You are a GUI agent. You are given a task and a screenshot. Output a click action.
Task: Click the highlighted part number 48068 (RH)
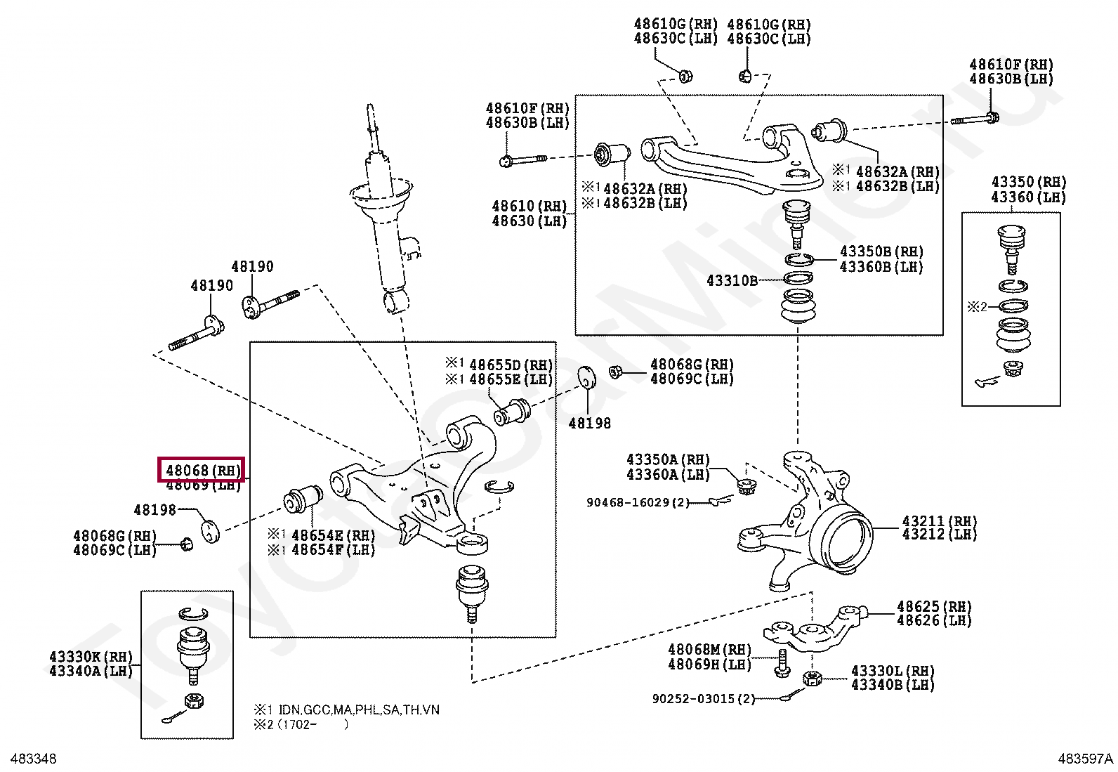tap(202, 470)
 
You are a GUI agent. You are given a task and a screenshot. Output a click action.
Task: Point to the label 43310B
tap(732, 280)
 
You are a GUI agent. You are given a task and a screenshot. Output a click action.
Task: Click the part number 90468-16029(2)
tap(638, 502)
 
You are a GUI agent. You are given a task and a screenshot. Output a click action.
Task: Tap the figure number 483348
tap(30, 759)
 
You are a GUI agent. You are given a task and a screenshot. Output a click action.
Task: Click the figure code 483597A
tap(1085, 759)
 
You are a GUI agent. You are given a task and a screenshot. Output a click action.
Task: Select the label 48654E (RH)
tap(333, 536)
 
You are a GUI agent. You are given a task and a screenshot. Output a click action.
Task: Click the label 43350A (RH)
tap(668, 460)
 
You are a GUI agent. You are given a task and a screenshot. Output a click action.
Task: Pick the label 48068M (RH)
tap(709, 650)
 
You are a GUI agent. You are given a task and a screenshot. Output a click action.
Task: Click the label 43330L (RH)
tap(893, 671)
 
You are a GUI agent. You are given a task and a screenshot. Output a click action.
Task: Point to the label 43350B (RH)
tap(881, 251)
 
